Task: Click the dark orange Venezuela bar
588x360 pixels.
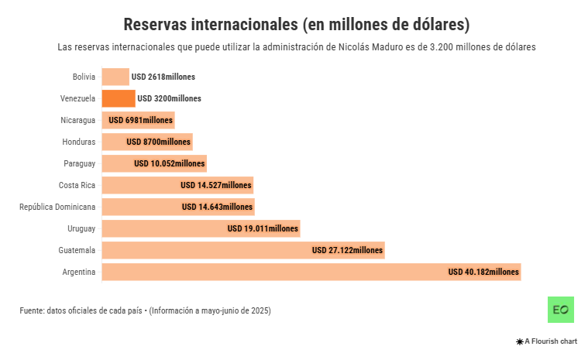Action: point(119,98)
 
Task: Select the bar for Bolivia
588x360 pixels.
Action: point(115,77)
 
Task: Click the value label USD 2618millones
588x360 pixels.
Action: point(163,77)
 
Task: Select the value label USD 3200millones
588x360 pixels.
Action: point(169,98)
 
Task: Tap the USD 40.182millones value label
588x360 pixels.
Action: point(483,272)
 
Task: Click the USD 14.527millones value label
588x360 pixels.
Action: point(216,185)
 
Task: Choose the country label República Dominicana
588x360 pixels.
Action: point(57,207)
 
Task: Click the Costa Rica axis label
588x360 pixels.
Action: point(77,185)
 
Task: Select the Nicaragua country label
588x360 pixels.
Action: point(77,120)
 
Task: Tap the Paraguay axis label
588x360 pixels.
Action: point(79,163)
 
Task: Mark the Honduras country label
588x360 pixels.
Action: point(78,142)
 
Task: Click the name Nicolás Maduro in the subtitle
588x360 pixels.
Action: point(368,47)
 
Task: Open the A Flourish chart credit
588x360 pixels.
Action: point(546,341)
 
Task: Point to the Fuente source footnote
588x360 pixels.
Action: point(145,310)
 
